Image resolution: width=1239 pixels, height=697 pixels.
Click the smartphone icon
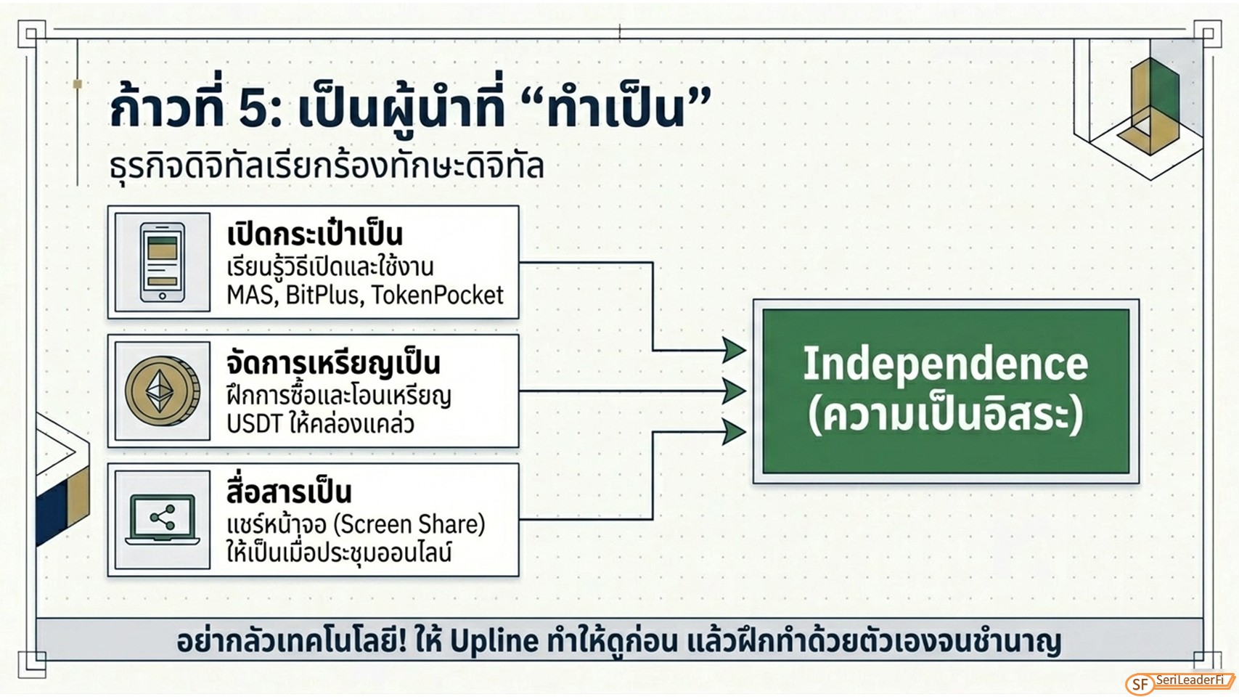coord(162,262)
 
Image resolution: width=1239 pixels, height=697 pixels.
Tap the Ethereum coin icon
coord(162,391)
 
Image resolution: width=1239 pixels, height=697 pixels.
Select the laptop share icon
coord(162,520)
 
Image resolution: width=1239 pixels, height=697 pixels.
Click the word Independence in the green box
coord(945,364)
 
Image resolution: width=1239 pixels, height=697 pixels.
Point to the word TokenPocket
coord(437,295)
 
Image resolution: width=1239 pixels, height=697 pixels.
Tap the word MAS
coord(252,295)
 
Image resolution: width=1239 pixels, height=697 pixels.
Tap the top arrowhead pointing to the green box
coord(735,350)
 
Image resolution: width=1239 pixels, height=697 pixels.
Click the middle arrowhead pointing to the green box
coord(735,391)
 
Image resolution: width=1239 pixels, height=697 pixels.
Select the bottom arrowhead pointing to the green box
coord(735,432)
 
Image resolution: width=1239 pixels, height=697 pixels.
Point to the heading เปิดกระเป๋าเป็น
coord(315,235)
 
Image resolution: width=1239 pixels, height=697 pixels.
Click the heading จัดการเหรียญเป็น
coord(334,364)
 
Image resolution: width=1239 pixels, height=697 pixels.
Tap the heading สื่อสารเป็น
coord(289,492)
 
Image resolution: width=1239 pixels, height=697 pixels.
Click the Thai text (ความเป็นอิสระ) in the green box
coord(945,417)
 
